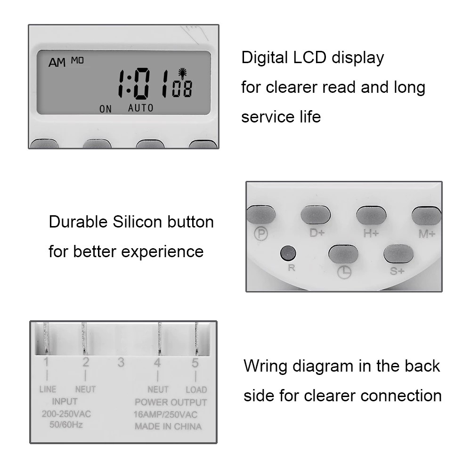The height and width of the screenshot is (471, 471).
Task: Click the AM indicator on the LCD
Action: pos(57,63)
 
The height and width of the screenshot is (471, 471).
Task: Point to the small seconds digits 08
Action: pos(181,90)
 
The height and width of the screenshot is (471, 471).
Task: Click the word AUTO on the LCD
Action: pos(141,108)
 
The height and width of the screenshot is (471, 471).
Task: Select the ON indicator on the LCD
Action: pos(106,109)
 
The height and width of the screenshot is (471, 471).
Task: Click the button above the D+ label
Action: pos(316,215)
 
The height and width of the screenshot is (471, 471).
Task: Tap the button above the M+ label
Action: pos(426,215)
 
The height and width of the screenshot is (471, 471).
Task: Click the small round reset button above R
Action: pos(287,254)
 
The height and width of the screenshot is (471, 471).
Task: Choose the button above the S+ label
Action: pos(398,254)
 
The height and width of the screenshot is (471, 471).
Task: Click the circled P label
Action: pos(260,234)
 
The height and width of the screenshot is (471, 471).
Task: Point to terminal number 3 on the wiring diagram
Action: pos(121,362)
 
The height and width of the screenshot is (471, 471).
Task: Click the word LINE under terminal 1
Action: pos(47,390)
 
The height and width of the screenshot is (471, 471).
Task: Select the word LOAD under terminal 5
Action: pos(196,390)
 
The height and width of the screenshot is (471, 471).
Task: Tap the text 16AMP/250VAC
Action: pos(166,414)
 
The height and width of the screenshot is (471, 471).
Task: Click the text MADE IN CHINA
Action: pos(168,427)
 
